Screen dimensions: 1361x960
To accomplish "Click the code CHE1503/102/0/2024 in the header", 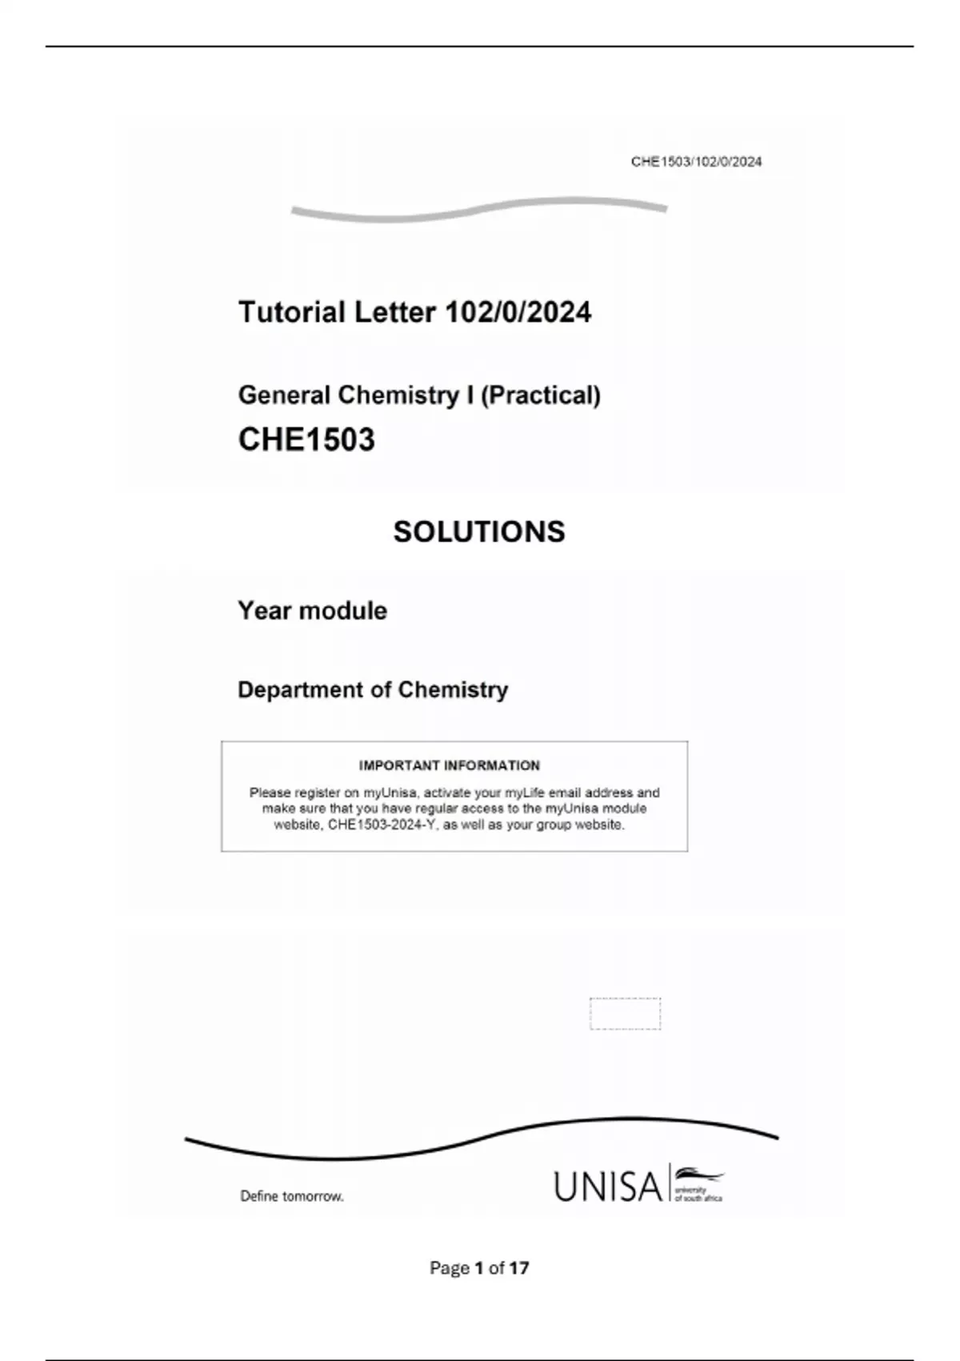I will pyautogui.click(x=696, y=162).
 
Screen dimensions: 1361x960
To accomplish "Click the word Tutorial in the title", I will pyautogui.click(x=291, y=312).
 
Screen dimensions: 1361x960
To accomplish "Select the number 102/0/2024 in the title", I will pyautogui.click(x=518, y=312).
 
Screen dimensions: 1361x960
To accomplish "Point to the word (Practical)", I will pyautogui.click(x=540, y=395).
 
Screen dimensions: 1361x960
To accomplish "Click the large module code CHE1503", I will pyautogui.click(x=306, y=440).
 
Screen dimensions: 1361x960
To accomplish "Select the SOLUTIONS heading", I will pyautogui.click(x=479, y=532).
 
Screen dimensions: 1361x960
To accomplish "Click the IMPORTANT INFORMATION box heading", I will pyautogui.click(x=450, y=765).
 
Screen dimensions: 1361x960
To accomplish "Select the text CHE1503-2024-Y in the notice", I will pyautogui.click(x=381, y=825).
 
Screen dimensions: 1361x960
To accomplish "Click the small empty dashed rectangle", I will pyautogui.click(x=625, y=1014).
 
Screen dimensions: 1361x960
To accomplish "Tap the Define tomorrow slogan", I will pyautogui.click(x=292, y=1196).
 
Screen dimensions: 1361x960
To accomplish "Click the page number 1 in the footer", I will pyautogui.click(x=478, y=1268).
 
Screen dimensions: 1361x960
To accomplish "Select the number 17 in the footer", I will pyautogui.click(x=519, y=1268).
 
